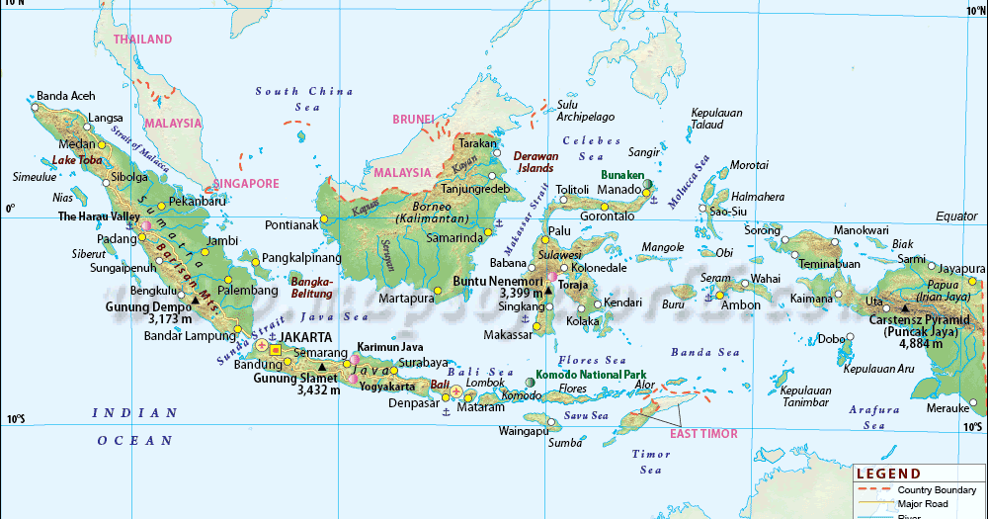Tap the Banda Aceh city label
coord(66,96)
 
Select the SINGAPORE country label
coord(247,183)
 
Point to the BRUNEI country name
coord(413,120)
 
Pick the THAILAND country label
coord(142,40)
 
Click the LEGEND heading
coord(888,475)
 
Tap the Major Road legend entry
coord(925,503)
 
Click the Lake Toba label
coord(77,159)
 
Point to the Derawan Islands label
coord(536,162)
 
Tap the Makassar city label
coord(508,336)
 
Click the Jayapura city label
coord(962,269)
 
